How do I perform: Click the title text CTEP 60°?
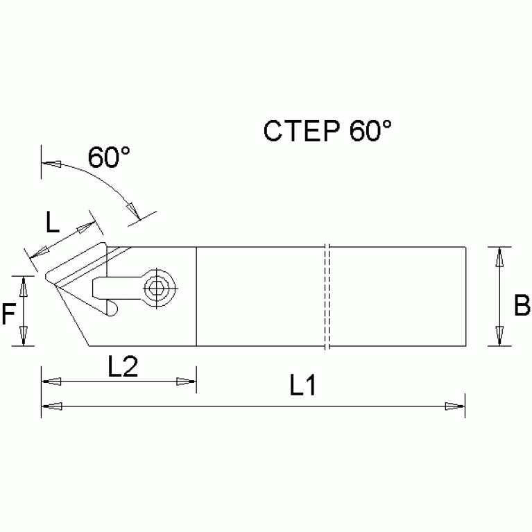pos(327,131)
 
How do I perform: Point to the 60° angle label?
pos(109,158)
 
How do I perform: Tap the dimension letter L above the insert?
pos(53,223)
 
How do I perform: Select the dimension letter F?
pos(9,316)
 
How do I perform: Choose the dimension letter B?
pos(522,306)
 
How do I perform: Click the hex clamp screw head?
pos(159,286)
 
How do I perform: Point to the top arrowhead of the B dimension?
pos(498,256)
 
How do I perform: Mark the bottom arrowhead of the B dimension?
pos(498,336)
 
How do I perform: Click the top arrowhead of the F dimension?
pos(25,284)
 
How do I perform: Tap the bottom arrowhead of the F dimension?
pos(25,336)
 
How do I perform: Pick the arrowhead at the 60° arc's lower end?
pos(130,206)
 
